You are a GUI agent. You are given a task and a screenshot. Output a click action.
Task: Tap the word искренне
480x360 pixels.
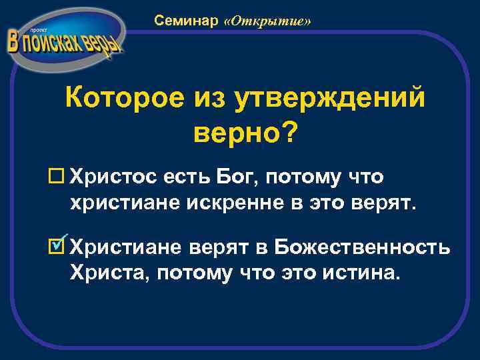click(247, 201)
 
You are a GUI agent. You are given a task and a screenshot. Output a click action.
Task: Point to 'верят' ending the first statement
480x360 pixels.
click(389, 201)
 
